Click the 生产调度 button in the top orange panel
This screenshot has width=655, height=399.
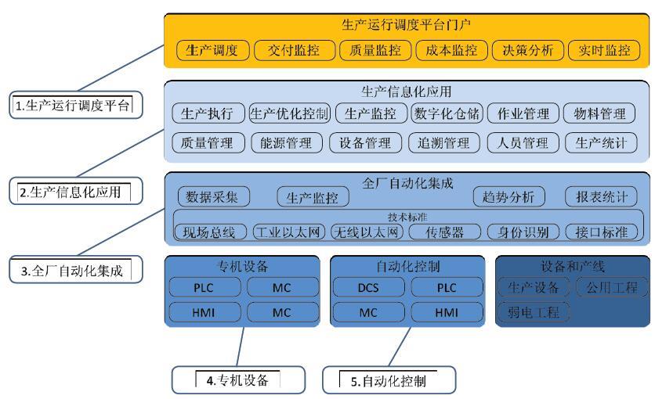click(x=212, y=51)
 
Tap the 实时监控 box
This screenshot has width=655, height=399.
click(x=603, y=51)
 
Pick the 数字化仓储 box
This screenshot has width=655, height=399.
click(x=447, y=113)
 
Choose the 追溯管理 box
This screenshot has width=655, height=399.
click(x=443, y=142)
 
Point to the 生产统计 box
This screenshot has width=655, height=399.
click(x=601, y=142)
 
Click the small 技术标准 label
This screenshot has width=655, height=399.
click(x=407, y=216)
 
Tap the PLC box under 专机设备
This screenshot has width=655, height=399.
click(x=203, y=287)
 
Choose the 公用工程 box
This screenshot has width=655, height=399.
click(x=611, y=287)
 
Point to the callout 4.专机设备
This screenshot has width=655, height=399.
click(x=237, y=380)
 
